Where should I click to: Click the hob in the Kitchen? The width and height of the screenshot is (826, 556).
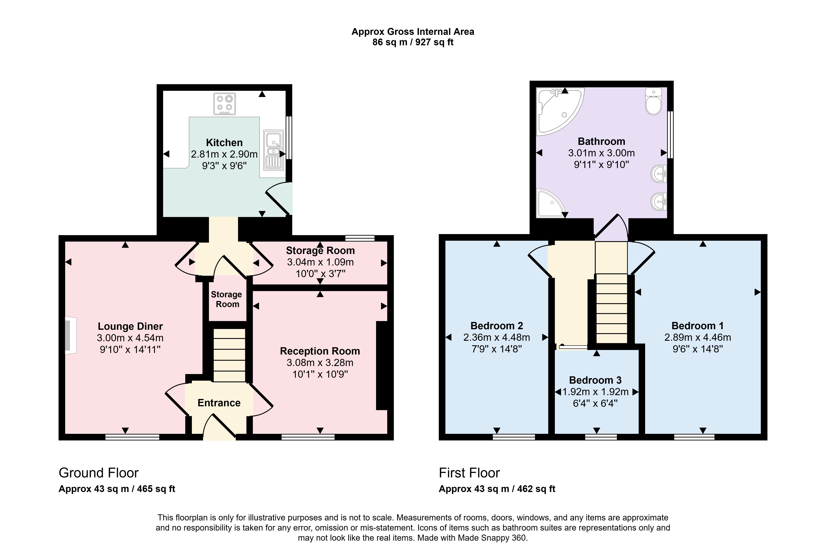coord(224,104)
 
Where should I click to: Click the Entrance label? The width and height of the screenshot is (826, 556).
coord(219,403)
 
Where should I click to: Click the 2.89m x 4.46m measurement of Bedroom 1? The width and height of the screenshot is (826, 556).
coord(698,337)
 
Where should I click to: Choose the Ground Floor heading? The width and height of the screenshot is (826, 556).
coord(99,473)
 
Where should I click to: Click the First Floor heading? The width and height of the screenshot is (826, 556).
coord(469,473)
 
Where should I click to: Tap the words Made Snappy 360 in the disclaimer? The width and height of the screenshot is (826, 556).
coord(491,538)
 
